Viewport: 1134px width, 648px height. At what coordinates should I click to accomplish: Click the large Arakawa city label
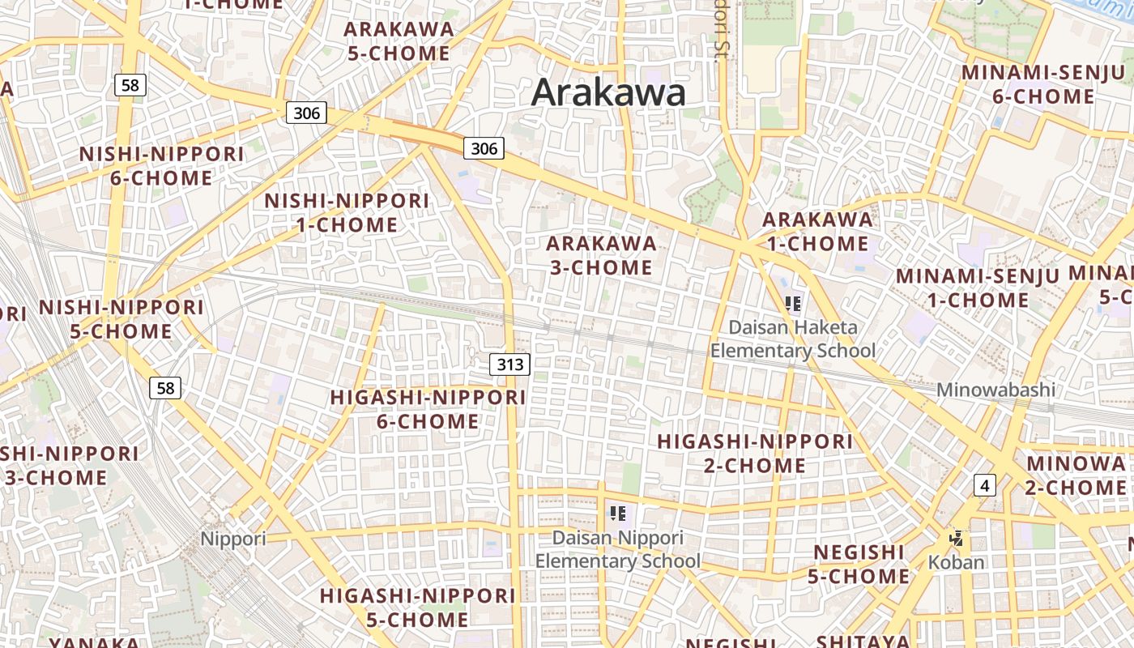[608, 92]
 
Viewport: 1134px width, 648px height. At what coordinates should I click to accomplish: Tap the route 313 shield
[509, 364]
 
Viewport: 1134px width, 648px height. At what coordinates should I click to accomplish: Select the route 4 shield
[984, 485]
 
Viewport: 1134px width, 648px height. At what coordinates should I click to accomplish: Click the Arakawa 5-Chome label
[398, 41]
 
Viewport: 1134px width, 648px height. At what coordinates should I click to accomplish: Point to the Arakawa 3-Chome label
[601, 255]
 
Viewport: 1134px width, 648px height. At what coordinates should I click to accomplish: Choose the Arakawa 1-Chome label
[817, 231]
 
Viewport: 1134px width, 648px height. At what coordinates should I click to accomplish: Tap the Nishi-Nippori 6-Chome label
[161, 166]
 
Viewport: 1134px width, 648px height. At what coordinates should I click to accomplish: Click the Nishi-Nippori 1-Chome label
[347, 212]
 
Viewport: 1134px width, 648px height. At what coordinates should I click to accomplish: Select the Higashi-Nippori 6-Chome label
[428, 409]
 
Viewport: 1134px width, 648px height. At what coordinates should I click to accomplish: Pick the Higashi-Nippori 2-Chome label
[754, 453]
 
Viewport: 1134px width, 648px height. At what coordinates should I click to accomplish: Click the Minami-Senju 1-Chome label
[977, 288]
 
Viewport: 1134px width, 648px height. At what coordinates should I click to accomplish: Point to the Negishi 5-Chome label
[859, 564]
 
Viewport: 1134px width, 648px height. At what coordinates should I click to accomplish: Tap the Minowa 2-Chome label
[1076, 475]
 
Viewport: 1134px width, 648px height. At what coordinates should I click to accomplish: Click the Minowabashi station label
[995, 390]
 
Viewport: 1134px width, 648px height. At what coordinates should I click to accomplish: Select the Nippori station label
[233, 539]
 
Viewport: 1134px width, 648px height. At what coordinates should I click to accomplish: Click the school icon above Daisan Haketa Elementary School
[793, 304]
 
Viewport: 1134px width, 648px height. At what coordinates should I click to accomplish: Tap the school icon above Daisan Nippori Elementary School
[618, 513]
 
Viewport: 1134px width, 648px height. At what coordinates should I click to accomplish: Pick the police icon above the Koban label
[957, 537]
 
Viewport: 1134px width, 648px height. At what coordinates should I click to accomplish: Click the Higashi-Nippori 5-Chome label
[417, 607]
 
